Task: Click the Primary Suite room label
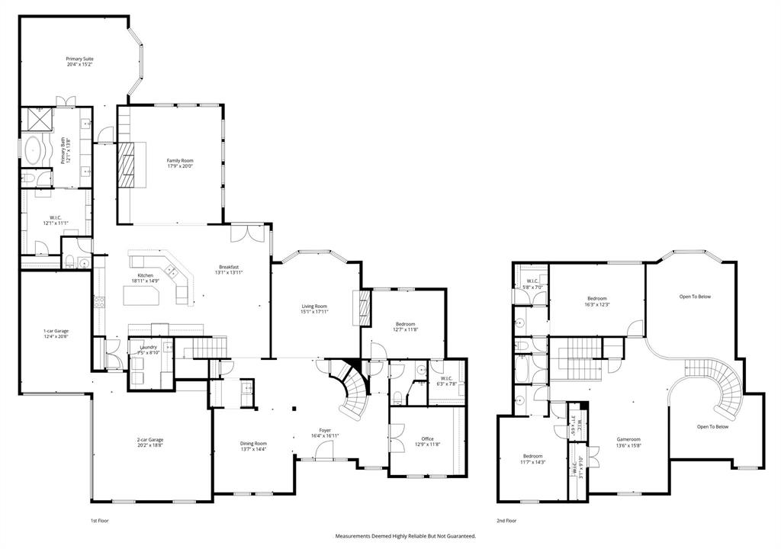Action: [79, 59]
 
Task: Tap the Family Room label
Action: [180, 160]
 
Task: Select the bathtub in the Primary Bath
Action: [34, 149]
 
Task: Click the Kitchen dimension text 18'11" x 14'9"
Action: [145, 281]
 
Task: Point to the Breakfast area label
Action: [227, 267]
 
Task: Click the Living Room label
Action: [313, 306]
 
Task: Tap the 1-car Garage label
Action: [56, 331]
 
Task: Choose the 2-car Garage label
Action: [150, 440]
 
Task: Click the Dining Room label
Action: [254, 443]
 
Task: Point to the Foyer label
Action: [325, 430]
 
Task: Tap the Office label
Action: [427, 438]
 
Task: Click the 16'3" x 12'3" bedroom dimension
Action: [598, 304]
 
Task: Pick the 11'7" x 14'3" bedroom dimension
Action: [532, 461]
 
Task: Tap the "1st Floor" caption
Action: [100, 521]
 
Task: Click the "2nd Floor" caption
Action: [506, 521]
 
